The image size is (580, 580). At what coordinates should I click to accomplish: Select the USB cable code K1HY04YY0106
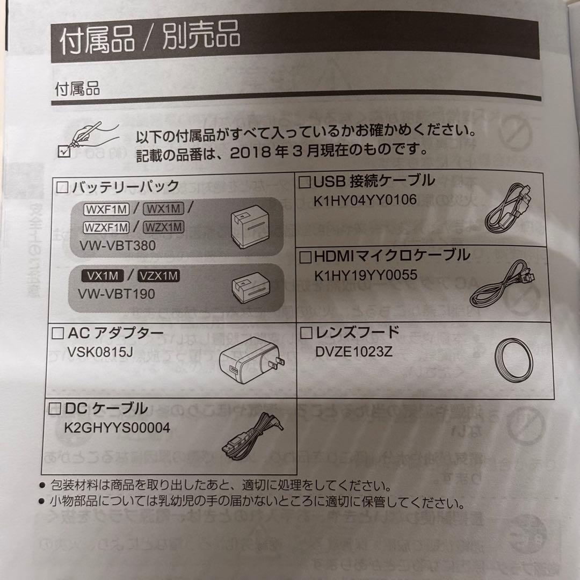(x=365, y=200)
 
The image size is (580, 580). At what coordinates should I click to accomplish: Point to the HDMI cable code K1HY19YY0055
(x=366, y=275)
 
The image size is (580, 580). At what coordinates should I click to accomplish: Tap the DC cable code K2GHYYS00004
(x=117, y=427)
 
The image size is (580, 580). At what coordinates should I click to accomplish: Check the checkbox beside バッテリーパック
(x=63, y=187)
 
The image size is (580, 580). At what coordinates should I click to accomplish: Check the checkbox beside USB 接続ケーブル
(x=305, y=182)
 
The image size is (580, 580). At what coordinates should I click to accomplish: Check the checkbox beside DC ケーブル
(x=55, y=409)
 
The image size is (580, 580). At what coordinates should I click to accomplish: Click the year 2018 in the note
(x=246, y=151)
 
